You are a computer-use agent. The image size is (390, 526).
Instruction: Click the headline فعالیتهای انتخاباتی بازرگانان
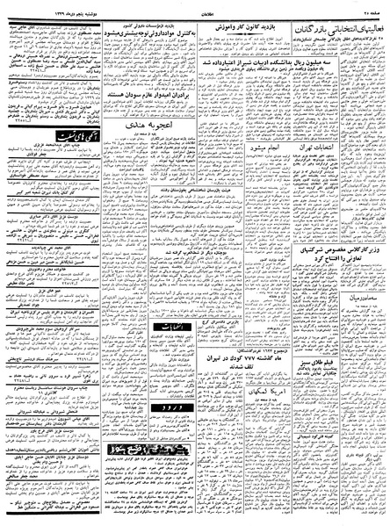tap(333, 18)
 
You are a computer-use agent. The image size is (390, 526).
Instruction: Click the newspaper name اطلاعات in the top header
tap(194, 5)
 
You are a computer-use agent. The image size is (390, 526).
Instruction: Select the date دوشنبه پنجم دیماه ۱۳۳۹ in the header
tap(34, 5)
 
